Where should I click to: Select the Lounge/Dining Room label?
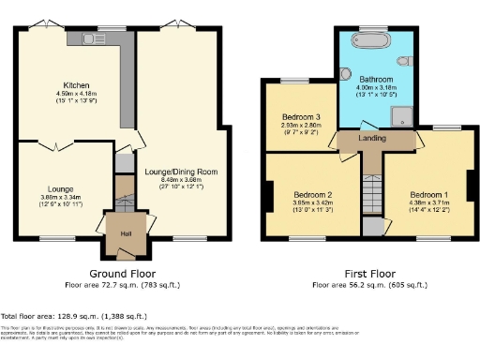[180, 172]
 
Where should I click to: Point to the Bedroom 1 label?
[423, 194]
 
